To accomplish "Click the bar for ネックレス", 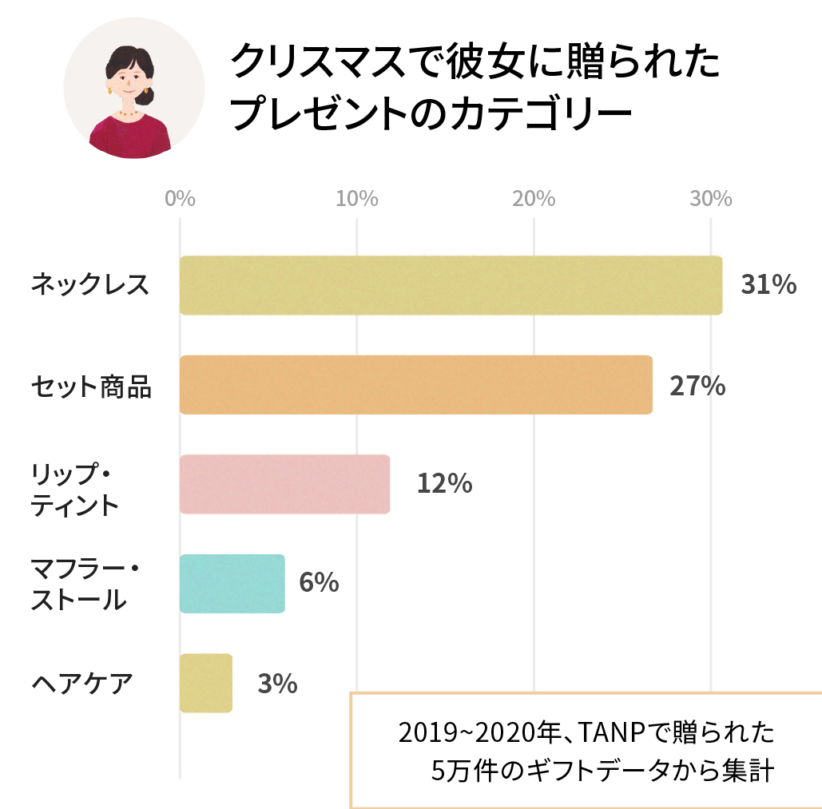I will (x=451, y=285).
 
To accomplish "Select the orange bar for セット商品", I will (x=415, y=385).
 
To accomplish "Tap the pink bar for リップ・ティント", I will (x=284, y=484).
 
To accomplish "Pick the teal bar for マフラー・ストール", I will (x=232, y=584).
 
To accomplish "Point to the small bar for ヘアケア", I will (x=206, y=683).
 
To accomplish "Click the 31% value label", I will (x=768, y=285).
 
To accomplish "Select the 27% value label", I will (x=697, y=386).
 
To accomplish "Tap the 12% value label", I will (x=444, y=484).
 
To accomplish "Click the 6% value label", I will (x=319, y=583).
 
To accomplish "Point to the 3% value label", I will (x=277, y=684).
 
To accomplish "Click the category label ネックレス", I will (x=89, y=285).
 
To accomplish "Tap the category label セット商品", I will (x=91, y=386).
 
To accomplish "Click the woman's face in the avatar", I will (x=128, y=80).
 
